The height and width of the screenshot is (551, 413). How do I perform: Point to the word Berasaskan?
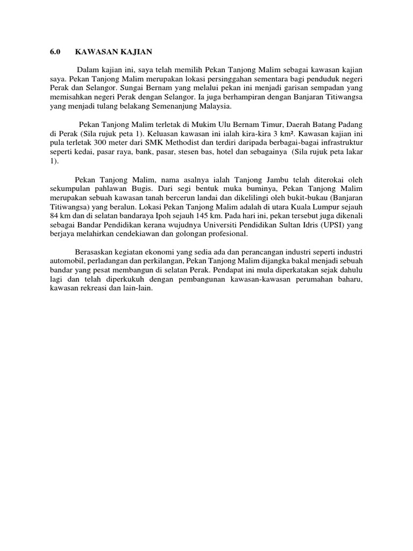(95, 253)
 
